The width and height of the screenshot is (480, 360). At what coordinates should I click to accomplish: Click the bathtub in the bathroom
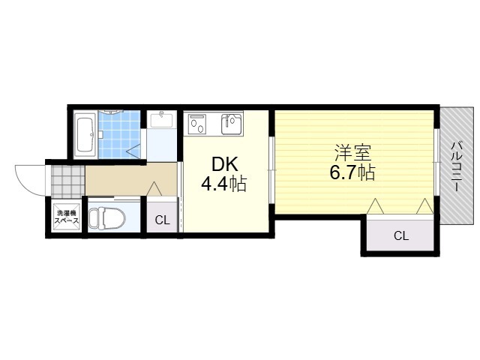coord(85,134)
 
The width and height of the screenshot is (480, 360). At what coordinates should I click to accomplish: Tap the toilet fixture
coord(107,218)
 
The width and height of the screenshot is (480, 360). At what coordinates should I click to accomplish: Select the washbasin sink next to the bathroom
coord(162,119)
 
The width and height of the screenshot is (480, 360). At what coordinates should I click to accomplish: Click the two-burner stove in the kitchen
coord(196,123)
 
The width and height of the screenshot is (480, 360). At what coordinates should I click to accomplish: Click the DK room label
coord(225,165)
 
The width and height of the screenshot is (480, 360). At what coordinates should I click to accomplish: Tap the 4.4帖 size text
coord(223,184)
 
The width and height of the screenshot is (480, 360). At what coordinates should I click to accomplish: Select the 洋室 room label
coord(353,153)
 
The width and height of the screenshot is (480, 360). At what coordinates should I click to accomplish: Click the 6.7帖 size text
coord(352,172)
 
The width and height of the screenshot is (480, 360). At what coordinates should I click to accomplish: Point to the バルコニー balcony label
coord(457,166)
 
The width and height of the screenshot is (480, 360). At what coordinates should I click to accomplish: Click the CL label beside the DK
coord(162,220)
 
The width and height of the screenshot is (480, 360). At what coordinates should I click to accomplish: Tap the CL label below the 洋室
coord(401,236)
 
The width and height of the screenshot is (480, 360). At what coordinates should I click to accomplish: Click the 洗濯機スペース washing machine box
coord(67,217)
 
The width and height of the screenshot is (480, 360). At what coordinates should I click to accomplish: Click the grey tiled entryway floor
coord(67,181)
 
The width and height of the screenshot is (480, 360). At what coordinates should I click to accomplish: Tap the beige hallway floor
coord(130,179)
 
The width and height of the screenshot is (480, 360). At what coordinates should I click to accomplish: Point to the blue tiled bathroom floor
coord(119,135)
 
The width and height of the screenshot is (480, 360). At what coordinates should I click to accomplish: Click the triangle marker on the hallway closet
coord(154,188)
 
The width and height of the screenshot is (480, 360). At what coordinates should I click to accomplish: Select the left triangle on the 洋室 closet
coord(375,206)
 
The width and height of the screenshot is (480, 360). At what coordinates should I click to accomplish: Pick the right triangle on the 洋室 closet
coord(424,206)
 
